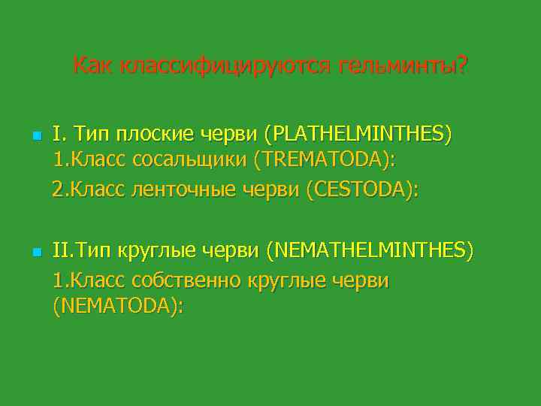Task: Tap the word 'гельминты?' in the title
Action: tap(403, 66)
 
